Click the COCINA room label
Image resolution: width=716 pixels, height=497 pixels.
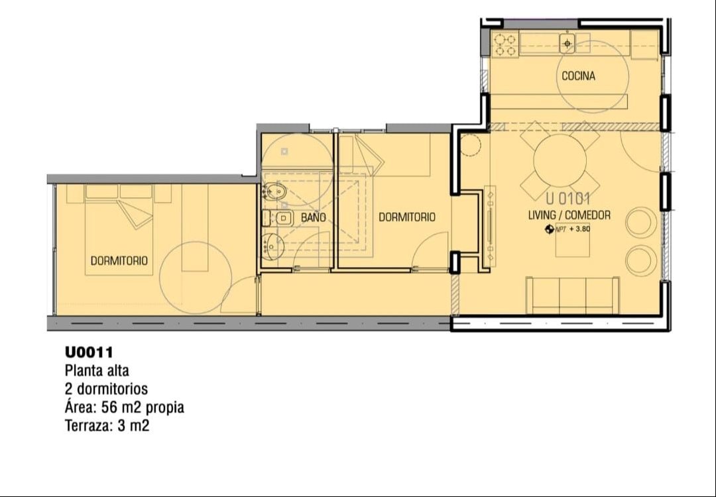(x=578, y=76)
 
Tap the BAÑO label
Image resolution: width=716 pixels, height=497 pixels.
(x=313, y=217)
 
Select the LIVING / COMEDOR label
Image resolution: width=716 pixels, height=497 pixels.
(x=569, y=215)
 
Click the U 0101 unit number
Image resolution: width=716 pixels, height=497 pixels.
(x=569, y=199)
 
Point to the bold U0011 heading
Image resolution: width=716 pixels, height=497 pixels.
(x=89, y=353)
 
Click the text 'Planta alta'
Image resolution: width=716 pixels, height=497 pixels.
(x=97, y=370)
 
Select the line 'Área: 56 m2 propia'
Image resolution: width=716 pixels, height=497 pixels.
(x=124, y=407)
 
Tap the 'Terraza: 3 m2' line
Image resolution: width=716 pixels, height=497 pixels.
(x=107, y=426)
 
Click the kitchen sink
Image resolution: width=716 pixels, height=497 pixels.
(x=567, y=44)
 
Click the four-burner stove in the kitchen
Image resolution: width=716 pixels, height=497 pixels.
(x=505, y=44)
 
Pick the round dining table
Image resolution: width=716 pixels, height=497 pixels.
(x=560, y=160)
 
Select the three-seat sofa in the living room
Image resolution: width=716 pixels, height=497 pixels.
(x=573, y=296)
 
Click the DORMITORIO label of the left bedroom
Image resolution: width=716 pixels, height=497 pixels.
(x=119, y=260)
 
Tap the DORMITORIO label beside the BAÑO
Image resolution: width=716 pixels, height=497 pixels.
(x=407, y=217)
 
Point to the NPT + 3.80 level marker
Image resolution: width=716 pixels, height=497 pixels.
(x=567, y=229)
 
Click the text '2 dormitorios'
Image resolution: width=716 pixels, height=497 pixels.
(x=106, y=389)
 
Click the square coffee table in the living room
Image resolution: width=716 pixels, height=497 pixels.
(x=573, y=241)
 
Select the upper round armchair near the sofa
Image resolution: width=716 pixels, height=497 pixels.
(x=641, y=222)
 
